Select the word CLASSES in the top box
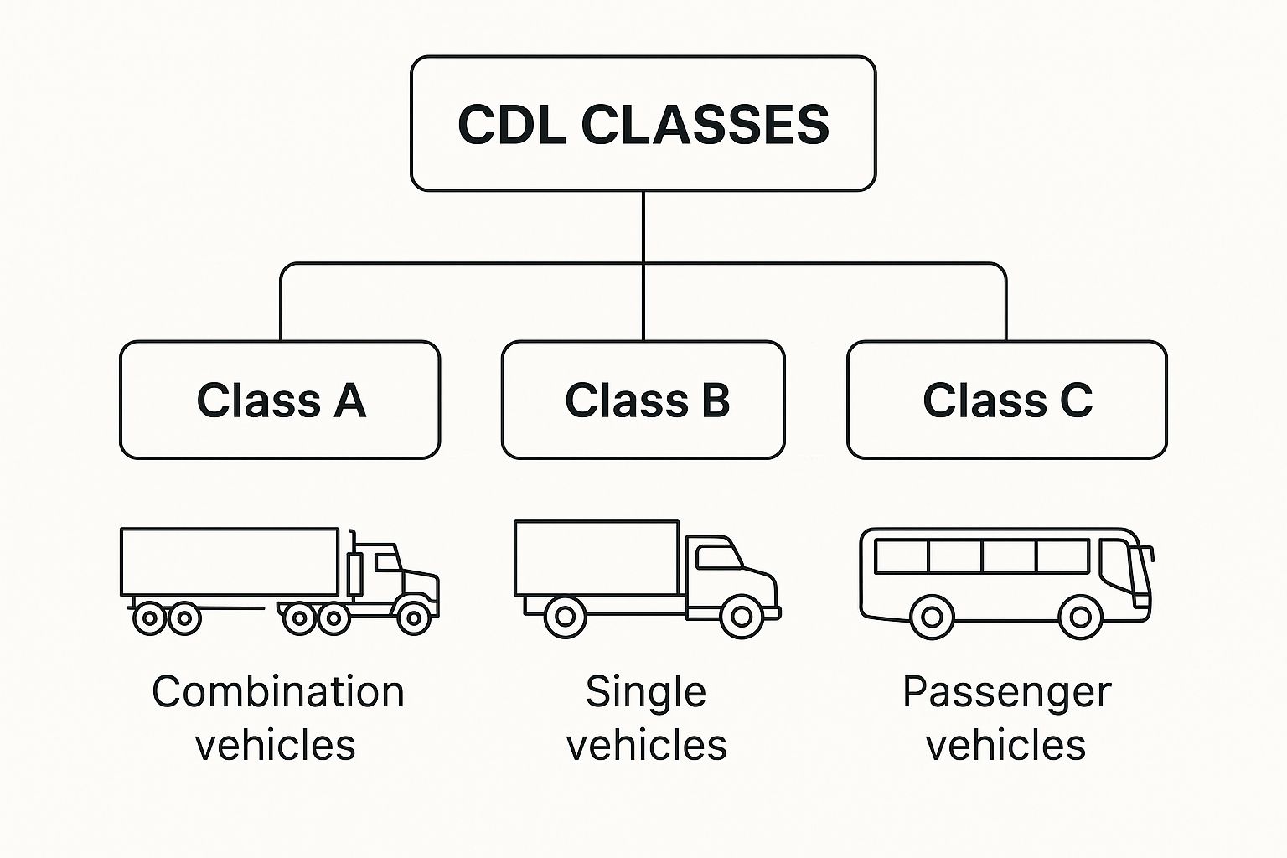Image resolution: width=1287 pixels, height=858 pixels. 705,125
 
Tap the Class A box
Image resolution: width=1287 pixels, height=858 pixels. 280,400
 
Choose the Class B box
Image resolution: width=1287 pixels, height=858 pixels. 643,400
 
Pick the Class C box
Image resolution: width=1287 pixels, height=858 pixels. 1006,400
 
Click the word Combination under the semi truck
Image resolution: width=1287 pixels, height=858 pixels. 278,692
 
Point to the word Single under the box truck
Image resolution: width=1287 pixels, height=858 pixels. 645,692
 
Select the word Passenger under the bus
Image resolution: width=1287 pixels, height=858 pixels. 1006,692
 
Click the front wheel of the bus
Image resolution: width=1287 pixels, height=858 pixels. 1080,618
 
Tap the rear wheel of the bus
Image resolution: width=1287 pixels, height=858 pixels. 931,618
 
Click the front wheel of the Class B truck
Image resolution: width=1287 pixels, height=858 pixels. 741,617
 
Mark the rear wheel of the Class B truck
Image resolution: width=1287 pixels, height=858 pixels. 565,617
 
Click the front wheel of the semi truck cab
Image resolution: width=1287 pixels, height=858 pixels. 413,618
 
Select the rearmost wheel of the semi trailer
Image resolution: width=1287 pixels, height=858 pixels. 150,618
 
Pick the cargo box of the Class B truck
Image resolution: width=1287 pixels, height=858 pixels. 597,558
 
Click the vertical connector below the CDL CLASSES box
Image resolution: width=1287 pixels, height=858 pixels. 643,226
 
